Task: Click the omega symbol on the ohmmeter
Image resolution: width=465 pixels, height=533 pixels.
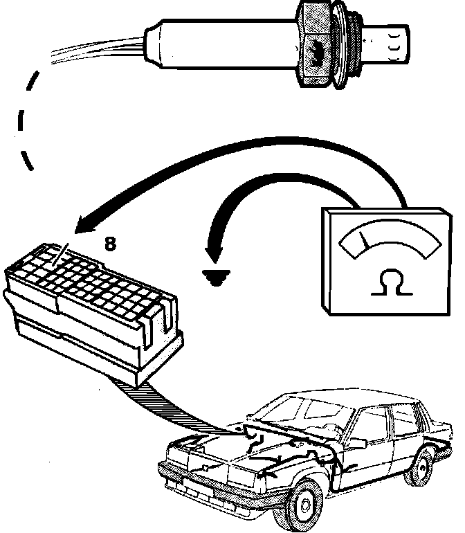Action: coord(390,283)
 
